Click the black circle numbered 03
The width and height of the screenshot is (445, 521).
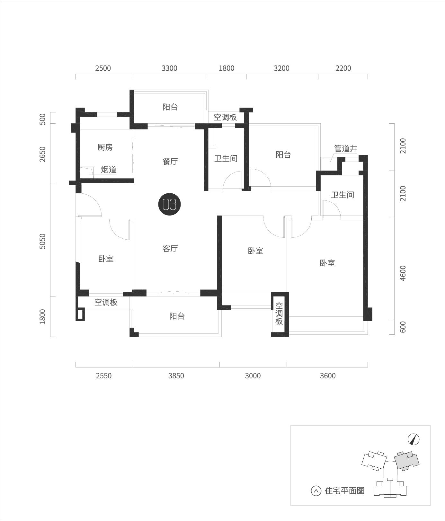pos(170,204)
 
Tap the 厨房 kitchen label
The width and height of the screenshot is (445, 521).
pos(105,147)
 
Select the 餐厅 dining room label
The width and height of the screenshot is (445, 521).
pos(170,161)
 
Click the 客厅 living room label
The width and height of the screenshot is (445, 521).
pos(170,248)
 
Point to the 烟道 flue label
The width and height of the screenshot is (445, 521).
pos(109,169)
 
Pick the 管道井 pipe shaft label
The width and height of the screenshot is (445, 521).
pos(346,148)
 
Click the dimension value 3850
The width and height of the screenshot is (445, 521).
pos(176,375)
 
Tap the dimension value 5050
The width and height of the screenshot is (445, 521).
pos(43,241)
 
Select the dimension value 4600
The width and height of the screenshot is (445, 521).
pos(403,273)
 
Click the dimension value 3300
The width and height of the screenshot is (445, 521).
pos(169,68)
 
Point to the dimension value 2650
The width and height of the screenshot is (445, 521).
pos(43,154)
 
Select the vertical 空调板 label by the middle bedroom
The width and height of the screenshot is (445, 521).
pos(279,313)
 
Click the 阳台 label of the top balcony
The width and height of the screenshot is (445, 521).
pos(170,107)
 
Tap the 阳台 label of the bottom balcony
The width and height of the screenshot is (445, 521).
pos(177,316)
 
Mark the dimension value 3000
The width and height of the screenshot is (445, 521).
pos(253,375)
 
